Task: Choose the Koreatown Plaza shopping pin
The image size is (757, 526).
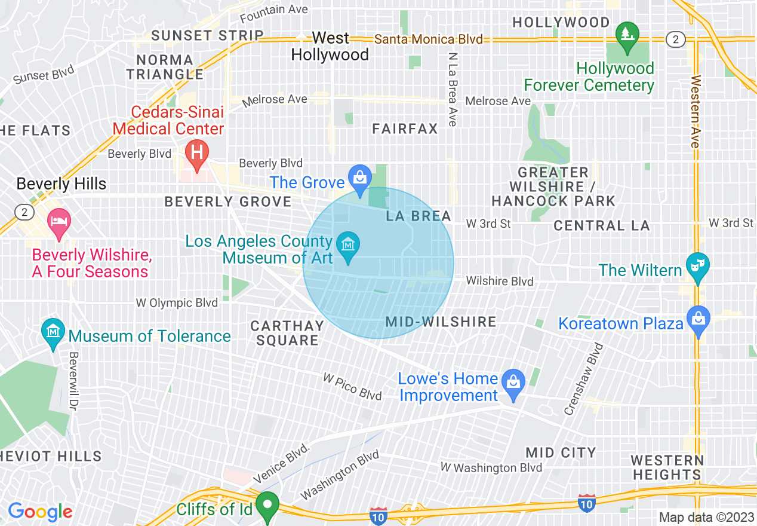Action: coord(698,317)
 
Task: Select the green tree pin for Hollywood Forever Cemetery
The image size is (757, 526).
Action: coord(626,34)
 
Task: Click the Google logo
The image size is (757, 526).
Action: coord(40,512)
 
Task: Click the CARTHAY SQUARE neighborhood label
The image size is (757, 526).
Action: coord(287,333)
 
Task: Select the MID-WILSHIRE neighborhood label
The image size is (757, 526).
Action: coord(441,322)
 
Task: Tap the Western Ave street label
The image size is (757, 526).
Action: coord(695,112)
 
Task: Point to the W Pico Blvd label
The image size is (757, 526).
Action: coord(352,386)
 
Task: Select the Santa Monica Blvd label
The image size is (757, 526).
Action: coord(428,39)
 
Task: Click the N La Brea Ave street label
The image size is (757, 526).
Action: coord(453,88)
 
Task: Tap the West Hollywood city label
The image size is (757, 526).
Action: coord(330,46)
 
